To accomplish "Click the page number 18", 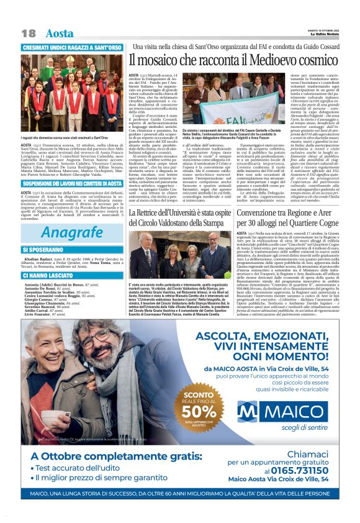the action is click(x=28, y=33).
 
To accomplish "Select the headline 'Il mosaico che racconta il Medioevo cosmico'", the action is click(x=233, y=60).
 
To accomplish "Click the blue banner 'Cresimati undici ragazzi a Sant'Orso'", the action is click(x=72, y=48).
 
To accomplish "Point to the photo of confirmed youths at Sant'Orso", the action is click(x=72, y=93).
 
